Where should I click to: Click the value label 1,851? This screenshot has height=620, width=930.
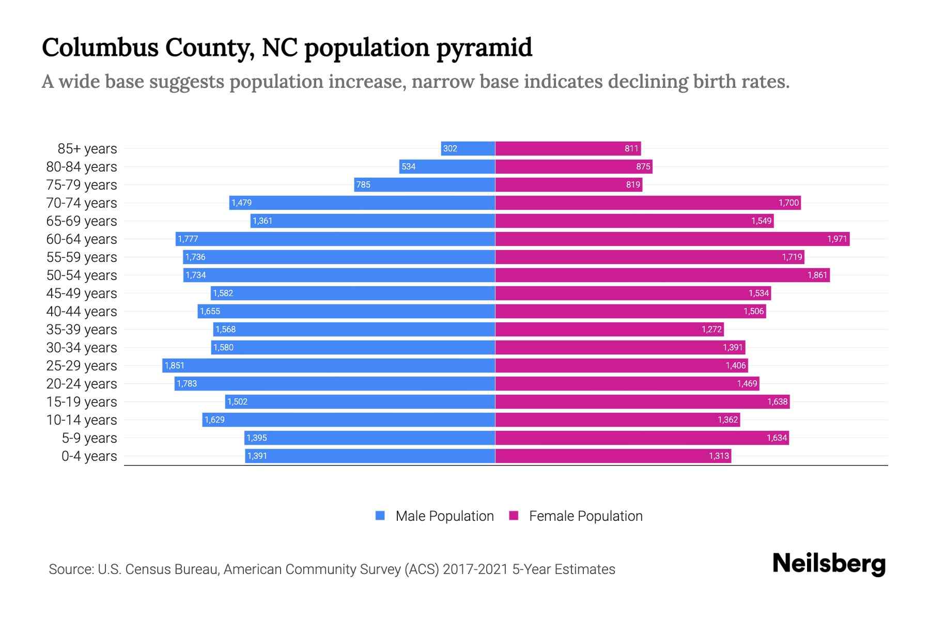click(x=175, y=366)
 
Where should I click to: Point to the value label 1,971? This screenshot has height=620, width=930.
click(x=836, y=239)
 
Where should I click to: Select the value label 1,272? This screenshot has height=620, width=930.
click(x=711, y=330)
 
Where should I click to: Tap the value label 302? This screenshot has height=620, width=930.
click(x=450, y=149)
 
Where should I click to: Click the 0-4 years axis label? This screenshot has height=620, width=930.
click(x=89, y=456)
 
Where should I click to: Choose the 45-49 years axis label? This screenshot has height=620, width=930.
click(x=82, y=293)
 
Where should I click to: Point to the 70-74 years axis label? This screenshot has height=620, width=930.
click(x=82, y=203)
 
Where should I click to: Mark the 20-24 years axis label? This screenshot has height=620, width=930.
click(x=82, y=384)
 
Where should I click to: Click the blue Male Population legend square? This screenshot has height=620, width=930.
click(x=380, y=516)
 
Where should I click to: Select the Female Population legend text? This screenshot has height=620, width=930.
click(x=585, y=516)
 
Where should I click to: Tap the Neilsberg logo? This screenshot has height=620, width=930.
click(x=829, y=564)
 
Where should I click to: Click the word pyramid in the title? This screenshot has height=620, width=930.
click(x=484, y=48)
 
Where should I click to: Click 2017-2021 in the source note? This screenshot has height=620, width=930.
click(x=475, y=569)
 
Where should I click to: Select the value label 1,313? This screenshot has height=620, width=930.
click(x=719, y=456)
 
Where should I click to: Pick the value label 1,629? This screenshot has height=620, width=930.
click(x=214, y=420)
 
